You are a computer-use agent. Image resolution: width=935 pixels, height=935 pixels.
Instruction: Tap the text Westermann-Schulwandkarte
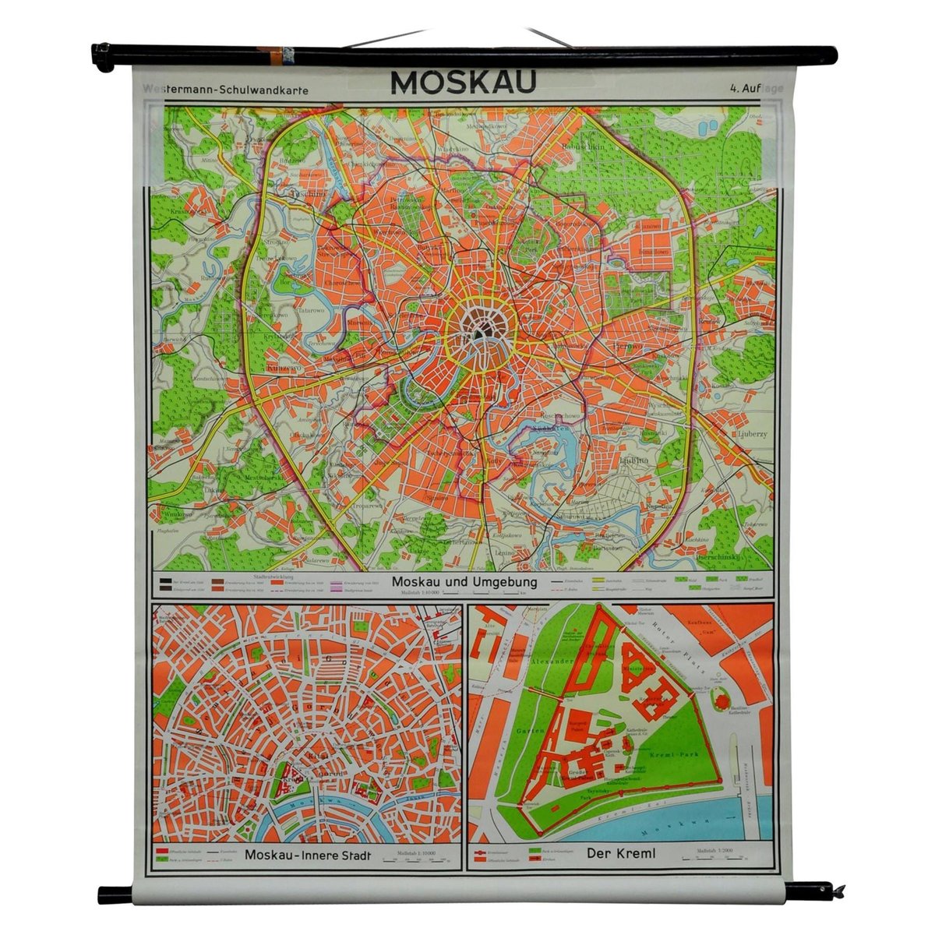coord(226,90)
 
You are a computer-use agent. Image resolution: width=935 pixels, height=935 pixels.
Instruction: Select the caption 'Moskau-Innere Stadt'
coord(307,856)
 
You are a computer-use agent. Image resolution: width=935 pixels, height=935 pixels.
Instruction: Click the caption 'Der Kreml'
coord(621,854)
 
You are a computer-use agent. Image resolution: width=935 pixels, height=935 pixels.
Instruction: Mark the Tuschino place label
coord(285,200)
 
